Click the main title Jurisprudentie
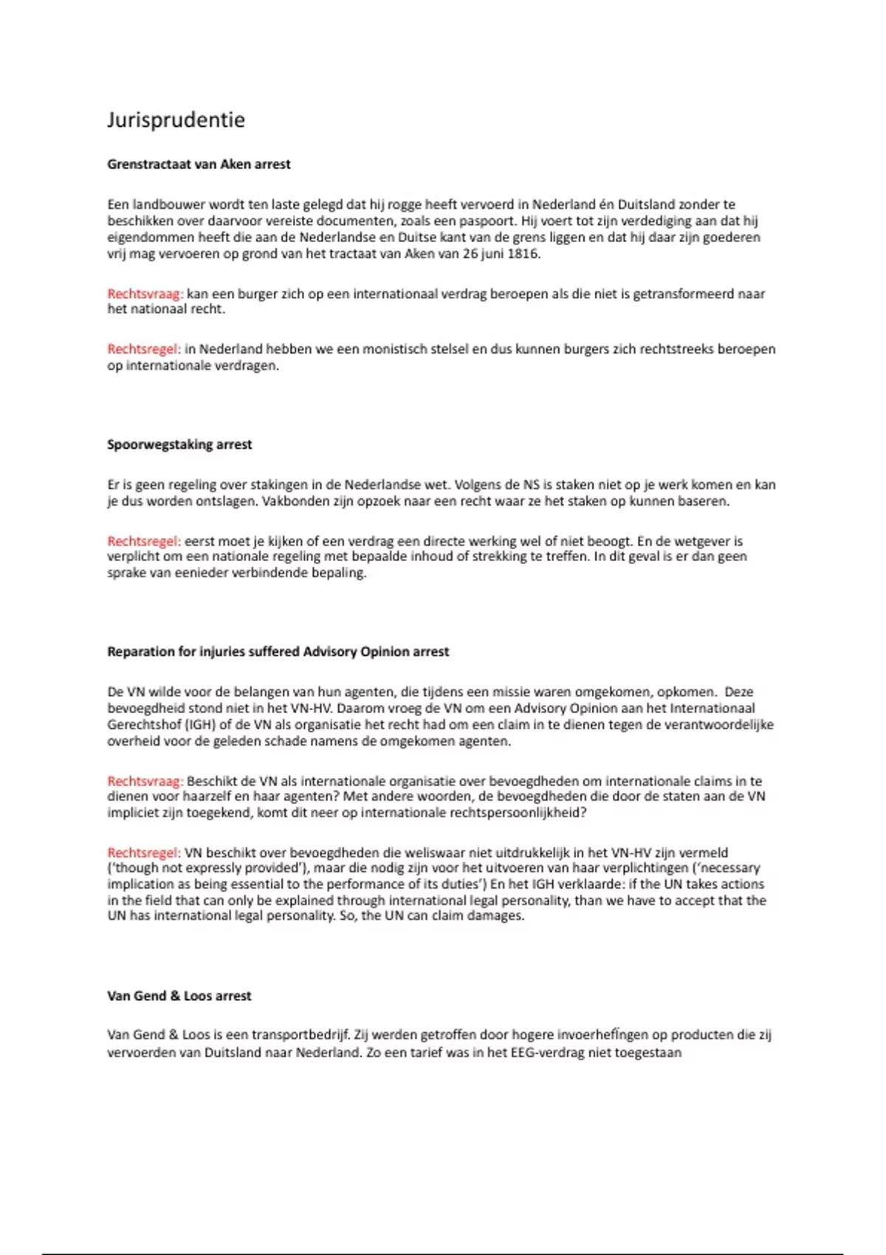coord(176,120)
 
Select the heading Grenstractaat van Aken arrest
coord(199,165)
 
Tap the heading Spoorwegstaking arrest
coord(179,444)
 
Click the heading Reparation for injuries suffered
coord(278,652)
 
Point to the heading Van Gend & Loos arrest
coord(179,996)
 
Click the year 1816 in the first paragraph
coord(523,254)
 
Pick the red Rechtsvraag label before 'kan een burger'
coord(145,294)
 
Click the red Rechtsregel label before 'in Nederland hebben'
coord(143,349)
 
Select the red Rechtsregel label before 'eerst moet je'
coord(143,541)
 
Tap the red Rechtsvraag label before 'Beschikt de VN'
coord(145,781)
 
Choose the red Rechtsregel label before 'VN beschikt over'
coord(143,853)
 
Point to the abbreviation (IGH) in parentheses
coord(198,725)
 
